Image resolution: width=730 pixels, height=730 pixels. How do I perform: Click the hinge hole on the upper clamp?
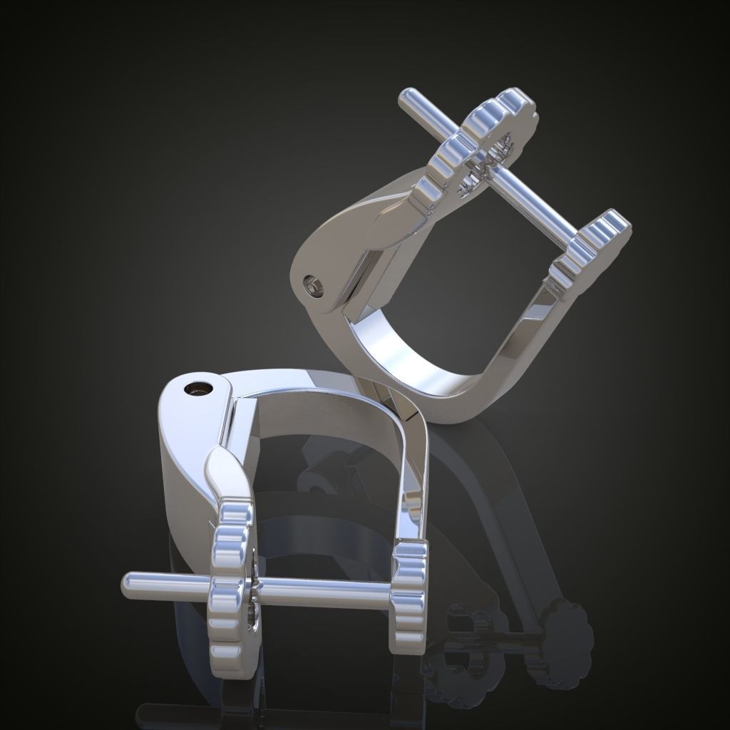pos(312,287)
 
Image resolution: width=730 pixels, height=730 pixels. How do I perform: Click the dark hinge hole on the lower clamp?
pos(197,389)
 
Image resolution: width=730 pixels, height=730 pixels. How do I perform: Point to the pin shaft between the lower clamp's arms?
pos(321,589)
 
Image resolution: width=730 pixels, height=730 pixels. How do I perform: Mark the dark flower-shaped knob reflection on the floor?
pos(563,627)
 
